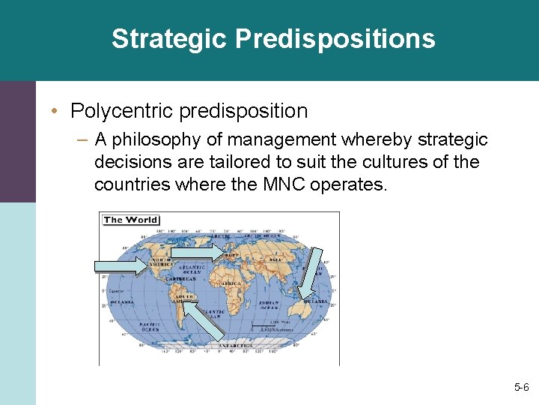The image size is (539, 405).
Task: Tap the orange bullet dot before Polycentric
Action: [55, 111]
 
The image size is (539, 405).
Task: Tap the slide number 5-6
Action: [521, 387]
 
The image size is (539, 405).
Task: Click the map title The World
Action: [130, 220]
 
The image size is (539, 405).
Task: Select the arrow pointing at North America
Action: [122, 265]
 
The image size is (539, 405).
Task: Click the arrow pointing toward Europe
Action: [198, 253]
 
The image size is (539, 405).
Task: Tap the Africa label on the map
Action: [232, 284]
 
